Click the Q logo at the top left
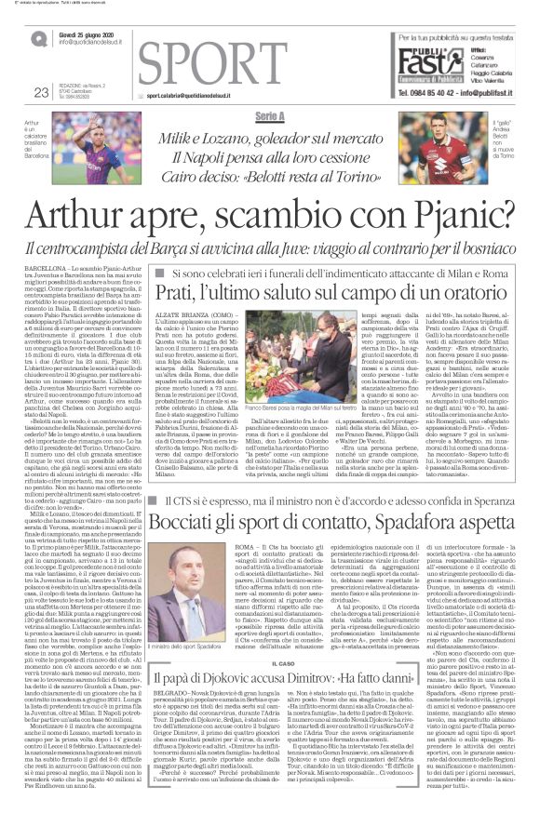[39, 39]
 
